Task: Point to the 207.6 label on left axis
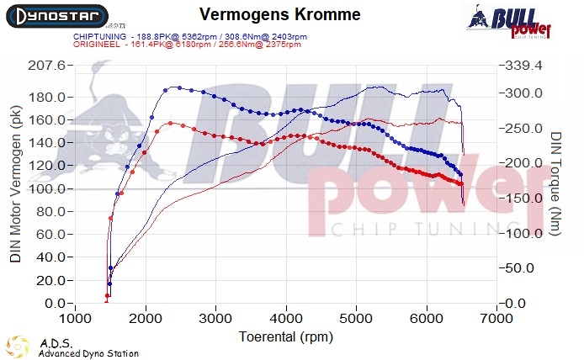[x=47, y=66]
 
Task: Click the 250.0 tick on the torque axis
[x=523, y=127]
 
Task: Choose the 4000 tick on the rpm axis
[x=287, y=320]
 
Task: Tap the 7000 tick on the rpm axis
[x=497, y=320]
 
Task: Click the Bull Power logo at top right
[x=507, y=21]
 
